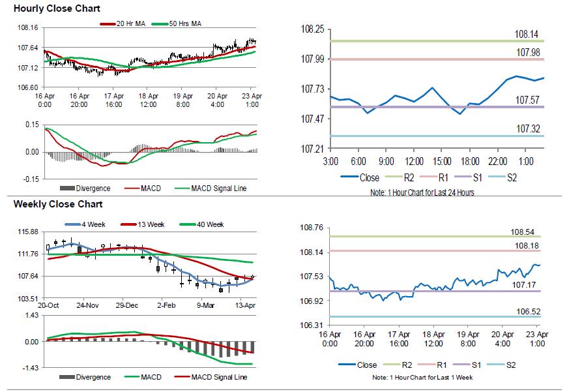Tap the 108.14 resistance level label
pos(527,34)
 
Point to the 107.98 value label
pos(527,52)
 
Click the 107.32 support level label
pos(527,128)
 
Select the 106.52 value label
pos(525,311)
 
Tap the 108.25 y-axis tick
pos(312,29)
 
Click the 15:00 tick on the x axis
pos(443,161)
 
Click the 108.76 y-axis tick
pos(312,228)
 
